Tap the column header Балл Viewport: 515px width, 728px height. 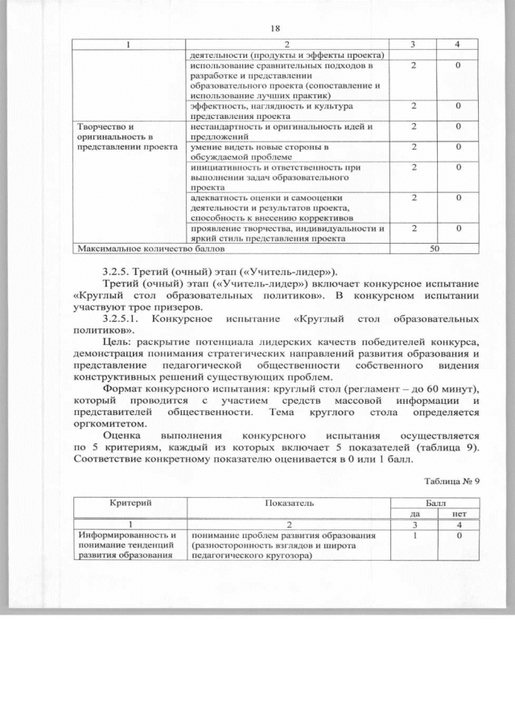click(x=435, y=502)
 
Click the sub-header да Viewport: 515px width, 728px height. click(x=414, y=513)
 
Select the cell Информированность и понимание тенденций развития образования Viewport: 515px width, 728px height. click(x=129, y=547)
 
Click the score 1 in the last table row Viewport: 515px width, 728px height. click(x=414, y=537)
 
